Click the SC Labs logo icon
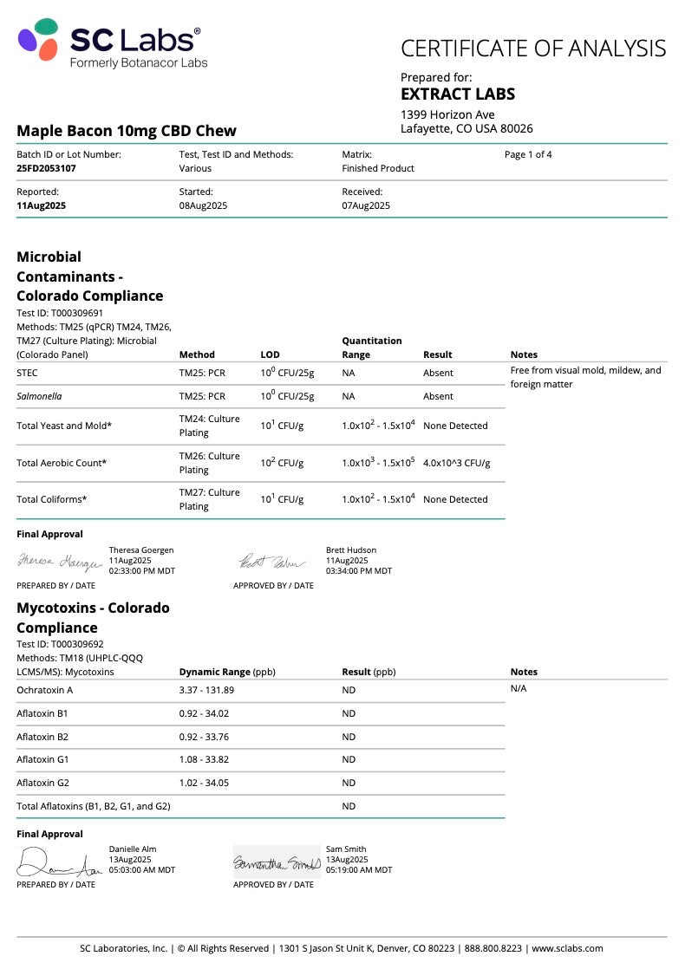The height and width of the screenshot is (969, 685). (38, 40)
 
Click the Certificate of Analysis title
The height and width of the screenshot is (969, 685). (533, 49)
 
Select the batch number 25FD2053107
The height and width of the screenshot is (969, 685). (46, 168)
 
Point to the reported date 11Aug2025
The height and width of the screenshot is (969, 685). (41, 205)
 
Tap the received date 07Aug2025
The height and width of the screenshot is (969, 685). (366, 205)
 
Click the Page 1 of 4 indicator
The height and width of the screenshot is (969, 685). (528, 154)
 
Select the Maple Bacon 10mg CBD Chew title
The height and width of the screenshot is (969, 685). (127, 131)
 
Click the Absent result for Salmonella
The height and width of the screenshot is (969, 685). (438, 396)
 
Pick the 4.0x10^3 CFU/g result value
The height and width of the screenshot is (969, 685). (456, 463)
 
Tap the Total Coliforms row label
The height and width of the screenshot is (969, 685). (52, 499)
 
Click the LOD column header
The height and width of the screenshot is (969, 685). (271, 354)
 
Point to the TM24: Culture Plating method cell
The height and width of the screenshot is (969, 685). (209, 426)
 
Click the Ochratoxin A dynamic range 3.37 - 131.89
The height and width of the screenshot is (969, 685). (206, 690)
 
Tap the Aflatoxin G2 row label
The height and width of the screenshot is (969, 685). (42, 783)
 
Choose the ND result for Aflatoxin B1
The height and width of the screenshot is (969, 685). (349, 713)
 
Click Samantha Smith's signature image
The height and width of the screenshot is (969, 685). (277, 862)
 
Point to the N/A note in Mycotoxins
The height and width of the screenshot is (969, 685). (519, 688)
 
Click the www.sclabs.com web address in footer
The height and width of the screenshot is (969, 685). (569, 948)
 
